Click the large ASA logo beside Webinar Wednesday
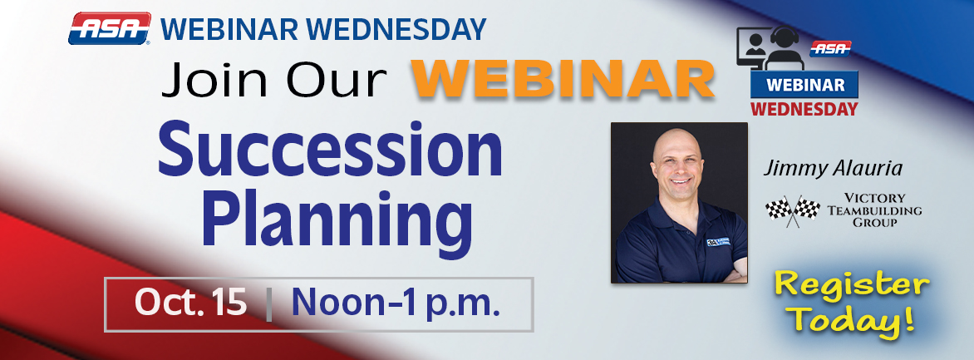point(110,28)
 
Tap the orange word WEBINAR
point(564,79)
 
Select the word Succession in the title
point(330,150)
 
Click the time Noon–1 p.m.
point(396,304)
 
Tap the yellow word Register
point(852,287)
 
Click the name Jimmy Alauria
point(833,169)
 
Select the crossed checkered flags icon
point(793,210)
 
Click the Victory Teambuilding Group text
point(874,210)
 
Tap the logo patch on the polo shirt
point(720,242)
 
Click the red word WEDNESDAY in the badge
point(804,109)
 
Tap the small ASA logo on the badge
point(830,49)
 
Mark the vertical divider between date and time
point(269,304)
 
